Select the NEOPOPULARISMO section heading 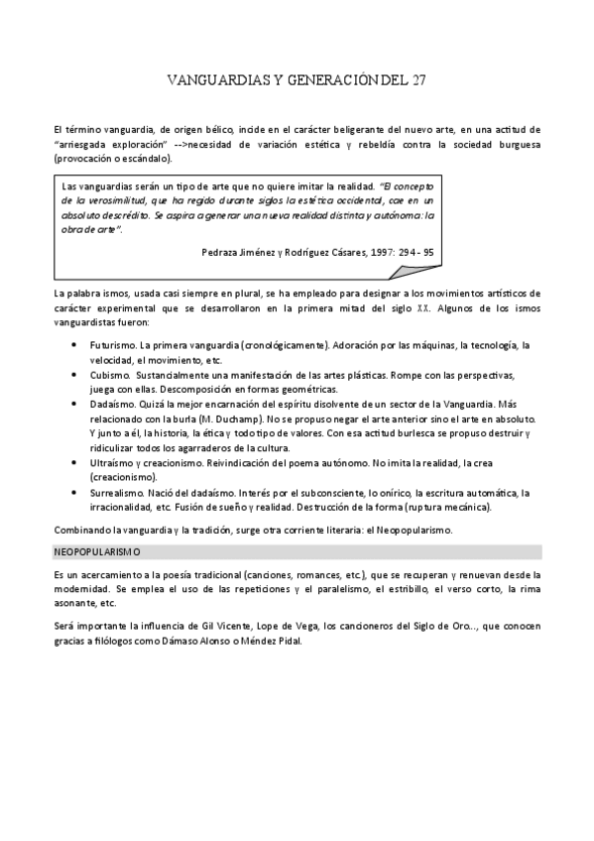click(96, 550)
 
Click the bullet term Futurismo click(114, 345)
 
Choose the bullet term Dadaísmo click(114, 406)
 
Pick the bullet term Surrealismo click(119, 493)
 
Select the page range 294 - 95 click(409, 251)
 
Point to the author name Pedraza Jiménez click(237, 251)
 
